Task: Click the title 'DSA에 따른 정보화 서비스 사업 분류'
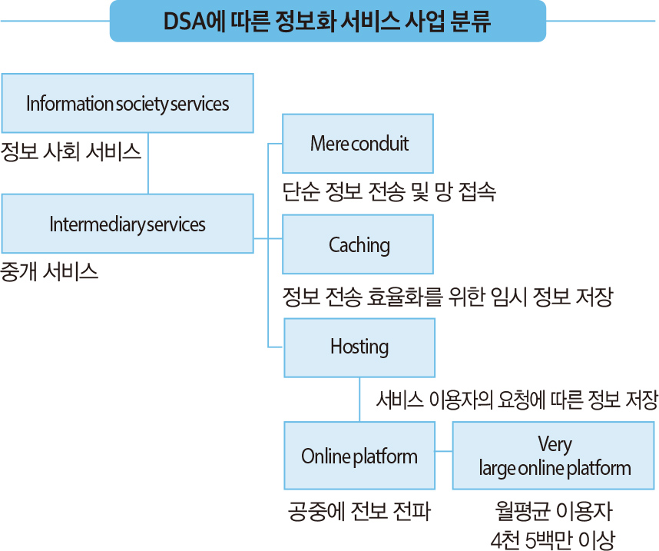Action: coord(327,21)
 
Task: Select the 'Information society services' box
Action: coord(127,103)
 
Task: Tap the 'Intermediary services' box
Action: coord(127,224)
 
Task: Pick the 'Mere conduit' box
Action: coord(358,144)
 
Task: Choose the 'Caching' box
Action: coord(358,244)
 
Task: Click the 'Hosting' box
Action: coord(359,347)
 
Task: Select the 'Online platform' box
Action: coord(359,456)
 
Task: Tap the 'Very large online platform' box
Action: coord(554,456)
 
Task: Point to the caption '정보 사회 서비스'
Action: coord(71,151)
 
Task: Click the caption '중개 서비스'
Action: coord(49,272)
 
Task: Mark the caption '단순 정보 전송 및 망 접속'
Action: coord(389,192)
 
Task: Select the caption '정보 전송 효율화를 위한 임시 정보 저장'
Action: coord(448,297)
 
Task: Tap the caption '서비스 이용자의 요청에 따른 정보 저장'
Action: coord(517,400)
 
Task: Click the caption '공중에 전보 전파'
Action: coord(359,512)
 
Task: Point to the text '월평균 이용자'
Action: coord(554,511)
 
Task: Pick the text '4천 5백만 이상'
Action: coord(553,540)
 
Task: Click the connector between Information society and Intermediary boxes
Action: coord(148,163)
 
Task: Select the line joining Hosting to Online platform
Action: coord(359,400)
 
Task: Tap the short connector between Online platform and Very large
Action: coord(444,451)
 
